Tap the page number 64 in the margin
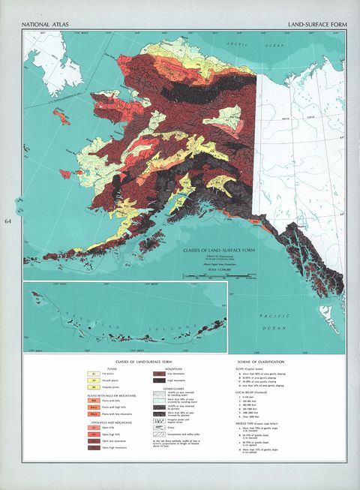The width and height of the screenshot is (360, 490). [x=9, y=221]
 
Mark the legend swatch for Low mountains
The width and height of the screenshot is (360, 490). [x=159, y=373]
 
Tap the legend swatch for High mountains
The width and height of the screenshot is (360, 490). [x=159, y=380]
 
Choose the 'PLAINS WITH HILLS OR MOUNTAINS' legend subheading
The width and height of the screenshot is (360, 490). [x=103, y=395]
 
